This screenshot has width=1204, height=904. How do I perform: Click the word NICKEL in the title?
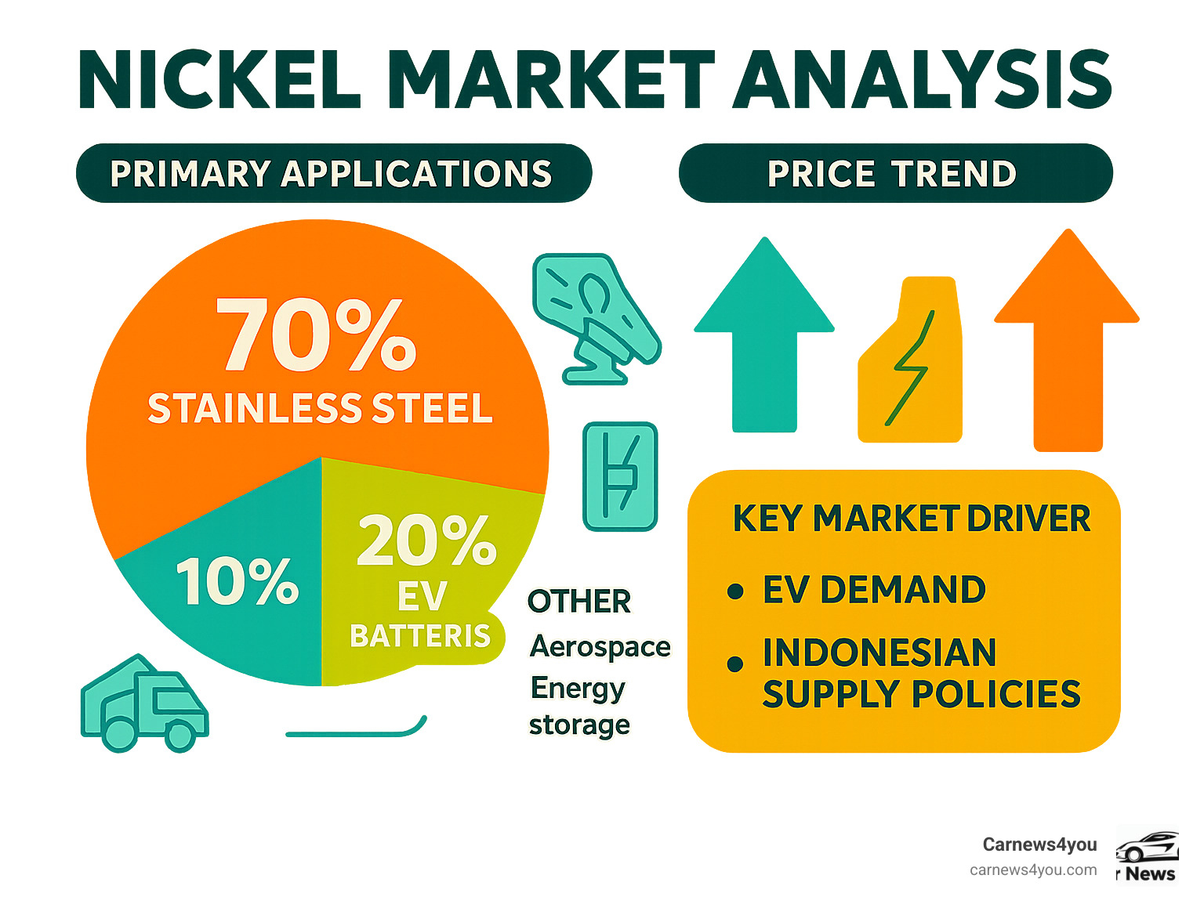coord(220,81)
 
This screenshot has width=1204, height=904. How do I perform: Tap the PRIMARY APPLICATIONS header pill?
coord(332,173)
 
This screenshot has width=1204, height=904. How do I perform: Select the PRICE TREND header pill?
coord(894,173)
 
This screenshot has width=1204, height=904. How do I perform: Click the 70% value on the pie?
coord(316,336)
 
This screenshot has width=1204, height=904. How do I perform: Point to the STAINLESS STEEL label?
coord(321,409)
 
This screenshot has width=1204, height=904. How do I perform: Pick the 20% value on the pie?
coord(426,541)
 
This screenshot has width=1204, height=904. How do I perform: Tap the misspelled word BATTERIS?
coord(420,636)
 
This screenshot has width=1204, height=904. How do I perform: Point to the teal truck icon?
coord(144,705)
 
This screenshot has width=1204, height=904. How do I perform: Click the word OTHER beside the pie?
coord(579,602)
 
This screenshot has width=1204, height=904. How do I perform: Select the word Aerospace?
coord(600,646)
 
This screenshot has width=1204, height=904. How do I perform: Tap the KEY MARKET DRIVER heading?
coord(911,519)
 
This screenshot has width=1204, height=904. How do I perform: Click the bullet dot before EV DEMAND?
coord(734,591)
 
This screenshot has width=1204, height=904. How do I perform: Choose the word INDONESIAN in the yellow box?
coord(879,653)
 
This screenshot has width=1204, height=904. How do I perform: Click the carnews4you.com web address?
coord(1033,870)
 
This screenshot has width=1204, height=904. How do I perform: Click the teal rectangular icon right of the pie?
coord(620,476)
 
